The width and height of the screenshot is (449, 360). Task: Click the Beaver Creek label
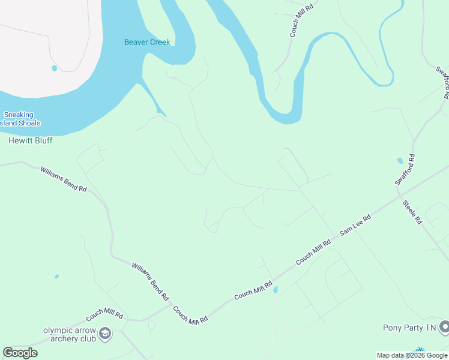tap(147, 42)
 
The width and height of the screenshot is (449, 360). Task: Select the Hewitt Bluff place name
tap(31, 140)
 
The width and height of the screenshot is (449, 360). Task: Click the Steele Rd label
tap(412, 212)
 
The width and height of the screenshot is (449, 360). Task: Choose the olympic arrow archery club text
tap(70, 334)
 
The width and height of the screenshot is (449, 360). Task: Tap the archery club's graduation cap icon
tap(105, 333)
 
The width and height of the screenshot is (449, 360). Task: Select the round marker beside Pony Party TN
tap(444, 327)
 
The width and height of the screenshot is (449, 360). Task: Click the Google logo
tap(20, 353)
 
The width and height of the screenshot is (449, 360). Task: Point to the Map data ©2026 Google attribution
tap(412, 355)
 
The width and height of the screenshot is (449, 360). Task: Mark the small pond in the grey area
tap(55, 68)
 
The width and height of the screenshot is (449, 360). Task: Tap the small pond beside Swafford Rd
tap(400, 161)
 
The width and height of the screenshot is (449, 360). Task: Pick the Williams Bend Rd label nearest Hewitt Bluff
tap(64, 179)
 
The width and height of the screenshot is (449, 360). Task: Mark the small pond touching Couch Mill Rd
tap(276, 290)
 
